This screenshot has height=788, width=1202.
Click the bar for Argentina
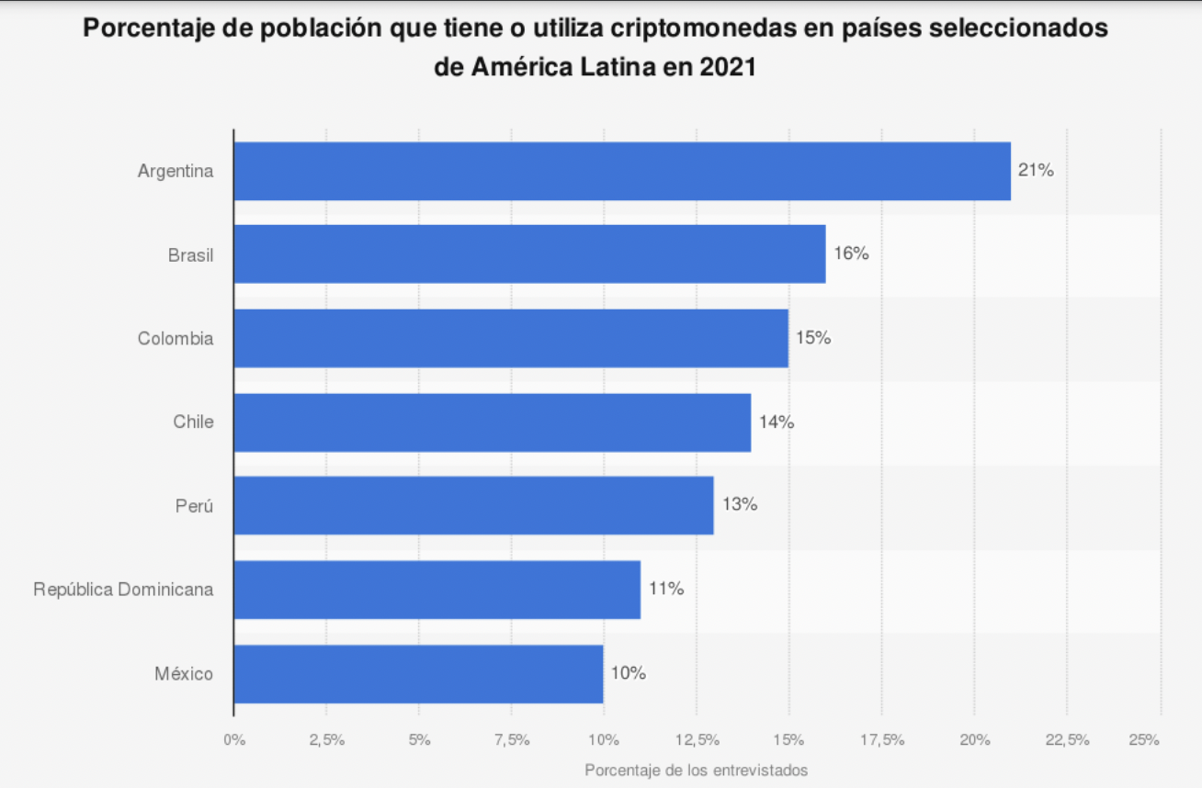tap(622, 171)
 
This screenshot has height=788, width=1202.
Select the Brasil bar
tap(529, 254)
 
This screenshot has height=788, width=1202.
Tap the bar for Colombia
tap(511, 338)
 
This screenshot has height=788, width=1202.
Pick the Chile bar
tap(493, 422)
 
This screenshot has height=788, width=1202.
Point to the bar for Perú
tap(473, 505)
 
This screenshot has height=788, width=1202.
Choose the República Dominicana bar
tap(437, 589)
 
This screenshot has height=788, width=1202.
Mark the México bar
tap(418, 673)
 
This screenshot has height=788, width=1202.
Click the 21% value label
tap(1036, 170)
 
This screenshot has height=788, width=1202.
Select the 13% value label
tap(739, 504)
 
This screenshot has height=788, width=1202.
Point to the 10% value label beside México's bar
tap(629, 673)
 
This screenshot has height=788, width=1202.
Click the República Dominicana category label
tap(123, 590)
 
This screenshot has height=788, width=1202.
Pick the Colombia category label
tap(176, 339)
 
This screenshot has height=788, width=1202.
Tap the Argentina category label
tap(176, 171)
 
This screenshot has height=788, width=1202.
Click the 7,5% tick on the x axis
tap(511, 740)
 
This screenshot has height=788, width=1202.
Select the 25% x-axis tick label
tap(1144, 740)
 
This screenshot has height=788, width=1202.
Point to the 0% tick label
tap(234, 740)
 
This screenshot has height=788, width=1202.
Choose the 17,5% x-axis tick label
tap(881, 740)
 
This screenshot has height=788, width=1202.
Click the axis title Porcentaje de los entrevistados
tap(696, 770)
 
